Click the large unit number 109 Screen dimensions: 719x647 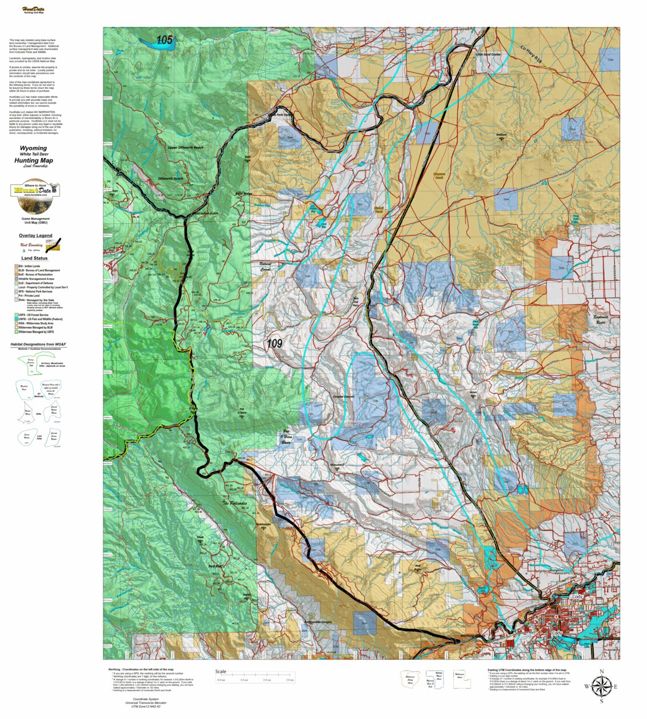[274, 343]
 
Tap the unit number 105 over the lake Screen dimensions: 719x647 [164, 40]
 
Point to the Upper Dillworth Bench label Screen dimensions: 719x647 [185, 147]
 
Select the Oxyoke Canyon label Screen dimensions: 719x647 [344, 396]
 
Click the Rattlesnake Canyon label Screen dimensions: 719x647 [319, 622]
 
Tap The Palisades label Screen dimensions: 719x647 [234, 504]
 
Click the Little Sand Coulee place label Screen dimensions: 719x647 [488, 54]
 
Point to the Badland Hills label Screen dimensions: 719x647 [501, 137]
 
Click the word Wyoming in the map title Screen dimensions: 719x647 [33, 148]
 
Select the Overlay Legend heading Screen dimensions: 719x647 [35, 235]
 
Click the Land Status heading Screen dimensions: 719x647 [34, 258]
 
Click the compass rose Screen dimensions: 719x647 [601, 686]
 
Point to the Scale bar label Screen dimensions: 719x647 [221, 672]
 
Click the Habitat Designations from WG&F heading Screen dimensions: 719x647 [38, 345]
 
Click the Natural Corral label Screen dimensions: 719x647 [265, 266]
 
